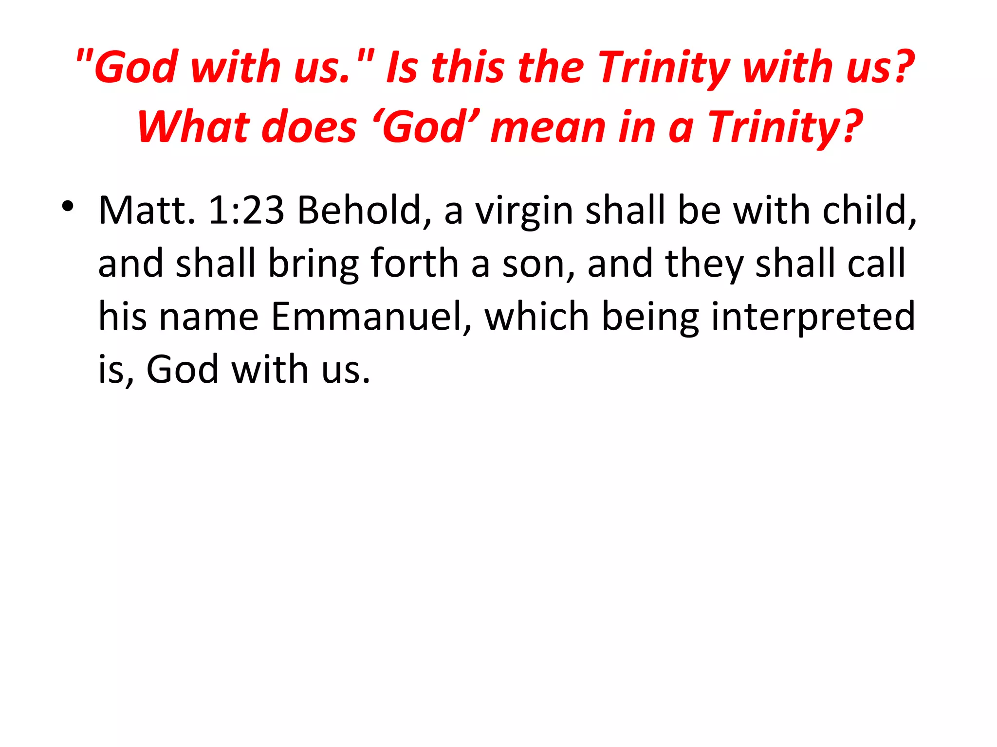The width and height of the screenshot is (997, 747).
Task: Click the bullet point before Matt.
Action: tap(68, 206)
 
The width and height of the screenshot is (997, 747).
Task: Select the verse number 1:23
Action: tap(246, 211)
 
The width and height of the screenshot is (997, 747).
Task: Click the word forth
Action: tap(415, 263)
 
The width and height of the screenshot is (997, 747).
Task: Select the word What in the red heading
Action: tap(193, 127)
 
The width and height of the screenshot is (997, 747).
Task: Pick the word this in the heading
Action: tap(467, 68)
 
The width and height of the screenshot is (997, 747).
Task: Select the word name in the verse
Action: tap(209, 317)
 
